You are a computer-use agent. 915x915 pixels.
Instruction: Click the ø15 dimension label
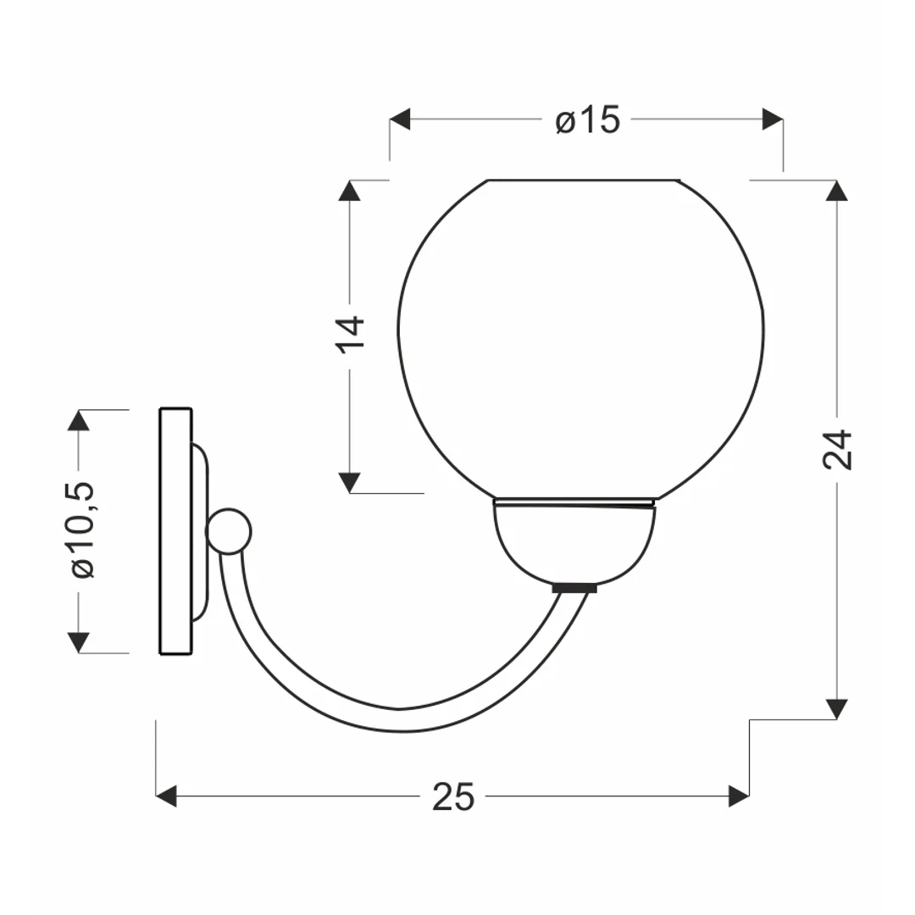(588, 120)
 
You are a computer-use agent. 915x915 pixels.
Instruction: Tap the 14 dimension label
(350, 334)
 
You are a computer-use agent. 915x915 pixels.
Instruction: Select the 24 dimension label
(837, 449)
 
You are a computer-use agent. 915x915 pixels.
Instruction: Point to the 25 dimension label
(453, 796)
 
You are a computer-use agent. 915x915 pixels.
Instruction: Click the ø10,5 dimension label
(82, 530)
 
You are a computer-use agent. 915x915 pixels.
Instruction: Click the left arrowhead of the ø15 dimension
(400, 119)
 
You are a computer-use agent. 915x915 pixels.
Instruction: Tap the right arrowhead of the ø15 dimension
(773, 119)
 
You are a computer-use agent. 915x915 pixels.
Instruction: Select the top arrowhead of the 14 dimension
(350, 191)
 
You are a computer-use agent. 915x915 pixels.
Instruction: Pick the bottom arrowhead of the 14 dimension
(350, 483)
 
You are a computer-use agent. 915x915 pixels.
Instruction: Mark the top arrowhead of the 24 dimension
(837, 191)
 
